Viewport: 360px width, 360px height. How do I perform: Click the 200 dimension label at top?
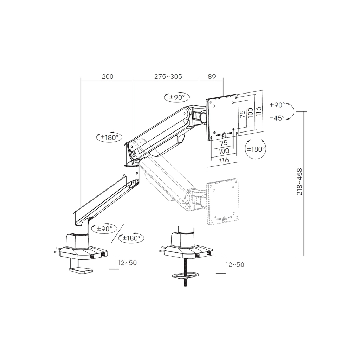click(x=108, y=76)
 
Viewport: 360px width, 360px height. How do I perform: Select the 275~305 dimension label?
click(x=168, y=76)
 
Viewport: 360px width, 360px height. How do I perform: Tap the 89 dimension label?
click(x=212, y=76)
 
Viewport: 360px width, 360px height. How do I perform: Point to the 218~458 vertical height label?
click(x=300, y=182)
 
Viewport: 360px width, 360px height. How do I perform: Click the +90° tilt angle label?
click(x=277, y=105)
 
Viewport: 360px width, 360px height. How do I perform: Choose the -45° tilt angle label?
click(x=277, y=118)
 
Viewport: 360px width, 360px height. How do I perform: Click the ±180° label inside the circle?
click(x=256, y=149)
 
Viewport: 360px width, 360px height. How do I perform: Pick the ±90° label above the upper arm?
click(x=177, y=97)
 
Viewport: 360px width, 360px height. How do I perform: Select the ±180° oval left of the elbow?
click(x=109, y=137)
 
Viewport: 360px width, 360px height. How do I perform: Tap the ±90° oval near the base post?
click(x=104, y=229)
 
